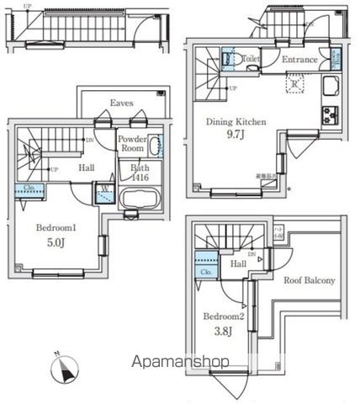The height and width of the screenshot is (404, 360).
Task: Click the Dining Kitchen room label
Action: [236, 121]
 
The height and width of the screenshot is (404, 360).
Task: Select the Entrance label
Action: [299, 60]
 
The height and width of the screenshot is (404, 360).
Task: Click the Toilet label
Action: [250, 60]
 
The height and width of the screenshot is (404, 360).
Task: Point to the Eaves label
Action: [122, 104]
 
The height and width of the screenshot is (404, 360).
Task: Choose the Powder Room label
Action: [132, 144]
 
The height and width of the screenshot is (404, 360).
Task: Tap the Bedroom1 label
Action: [57, 227]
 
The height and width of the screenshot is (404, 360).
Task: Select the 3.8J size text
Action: [225, 332]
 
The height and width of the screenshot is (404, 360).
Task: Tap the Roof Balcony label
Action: [309, 280]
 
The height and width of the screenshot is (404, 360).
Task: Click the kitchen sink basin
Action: [330, 86]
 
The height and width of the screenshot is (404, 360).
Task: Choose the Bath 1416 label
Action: [140, 173]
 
